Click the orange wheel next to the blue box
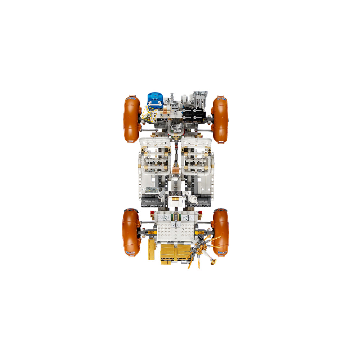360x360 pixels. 131,119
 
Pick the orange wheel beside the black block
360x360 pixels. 220,119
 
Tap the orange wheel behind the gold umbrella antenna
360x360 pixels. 220,232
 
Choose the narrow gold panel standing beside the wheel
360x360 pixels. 151,248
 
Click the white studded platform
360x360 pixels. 176,230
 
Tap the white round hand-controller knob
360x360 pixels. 194,199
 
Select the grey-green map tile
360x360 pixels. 152,190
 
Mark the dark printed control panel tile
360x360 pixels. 175,193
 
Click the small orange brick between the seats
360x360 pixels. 176,169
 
